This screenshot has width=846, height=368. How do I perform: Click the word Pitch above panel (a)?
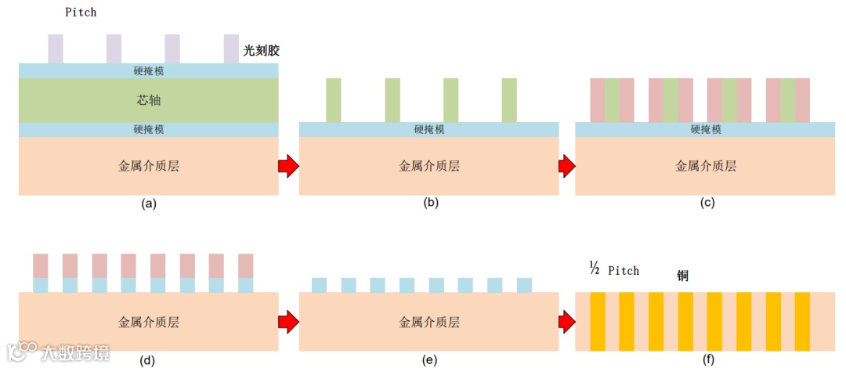tap(81, 13)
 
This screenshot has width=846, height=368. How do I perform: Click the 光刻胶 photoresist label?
tap(261, 50)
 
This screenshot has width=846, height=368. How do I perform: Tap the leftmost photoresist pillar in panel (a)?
tap(56, 49)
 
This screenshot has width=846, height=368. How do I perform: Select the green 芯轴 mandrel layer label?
tap(149, 100)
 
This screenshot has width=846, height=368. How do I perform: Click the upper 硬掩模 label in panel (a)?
tap(149, 70)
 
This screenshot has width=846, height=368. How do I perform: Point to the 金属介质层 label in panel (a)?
tap(148, 165)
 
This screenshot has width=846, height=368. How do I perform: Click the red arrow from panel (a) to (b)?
tap(288, 165)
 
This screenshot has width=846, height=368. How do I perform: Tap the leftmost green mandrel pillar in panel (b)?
tap(334, 100)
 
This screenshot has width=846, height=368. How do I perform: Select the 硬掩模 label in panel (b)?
tap(429, 130)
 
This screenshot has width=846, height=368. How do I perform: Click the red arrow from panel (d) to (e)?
tap(288, 321)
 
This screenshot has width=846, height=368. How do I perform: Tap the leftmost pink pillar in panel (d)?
tap(41, 265)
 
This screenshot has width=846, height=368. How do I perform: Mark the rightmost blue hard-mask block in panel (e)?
tap(524, 285)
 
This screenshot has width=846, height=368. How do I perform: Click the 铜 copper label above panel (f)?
tap(684, 276)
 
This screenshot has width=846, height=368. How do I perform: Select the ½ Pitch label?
tap(614, 270)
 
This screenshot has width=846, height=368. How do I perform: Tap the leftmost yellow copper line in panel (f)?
tap(597, 321)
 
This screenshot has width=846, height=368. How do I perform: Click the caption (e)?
tap(428, 359)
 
